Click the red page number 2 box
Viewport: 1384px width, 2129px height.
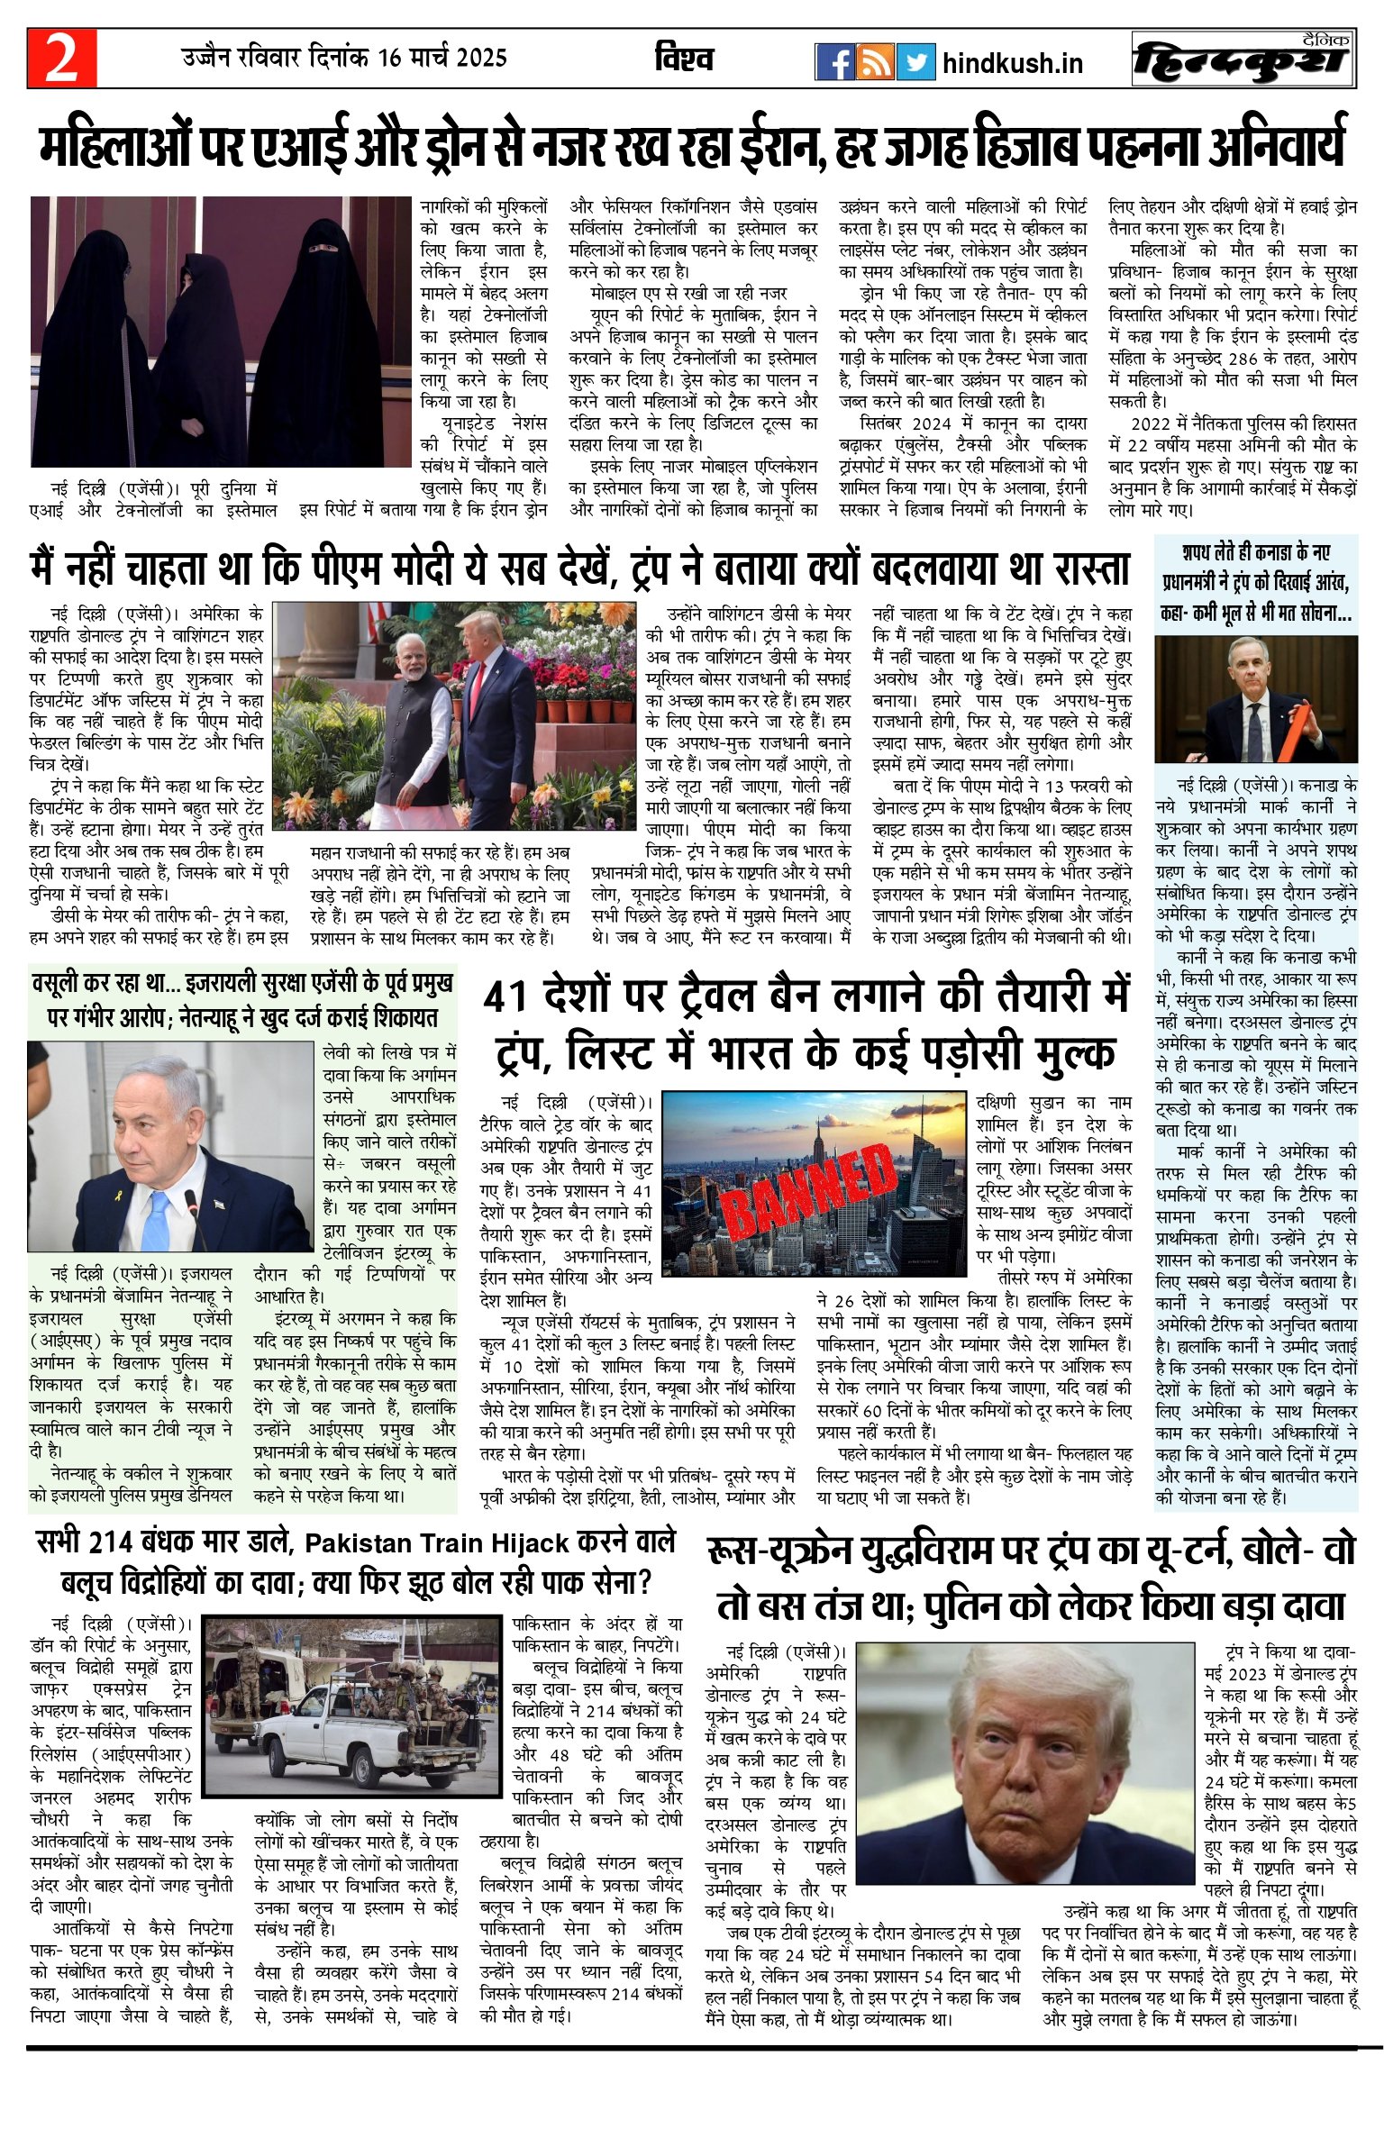tap(61, 59)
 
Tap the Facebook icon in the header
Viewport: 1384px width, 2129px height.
tap(834, 61)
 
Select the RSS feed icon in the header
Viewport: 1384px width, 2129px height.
tap(874, 61)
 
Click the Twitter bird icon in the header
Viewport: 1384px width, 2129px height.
tap(915, 61)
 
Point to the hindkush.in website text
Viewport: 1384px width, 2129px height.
tap(1012, 63)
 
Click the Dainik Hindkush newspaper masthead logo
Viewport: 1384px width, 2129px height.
tap(1243, 59)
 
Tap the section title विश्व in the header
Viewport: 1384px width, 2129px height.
tap(684, 59)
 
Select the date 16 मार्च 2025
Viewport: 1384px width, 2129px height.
tap(442, 58)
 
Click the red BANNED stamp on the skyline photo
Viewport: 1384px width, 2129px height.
tap(808, 1190)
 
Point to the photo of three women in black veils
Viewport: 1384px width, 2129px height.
tap(221, 332)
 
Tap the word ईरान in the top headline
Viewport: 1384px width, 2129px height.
tap(782, 145)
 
